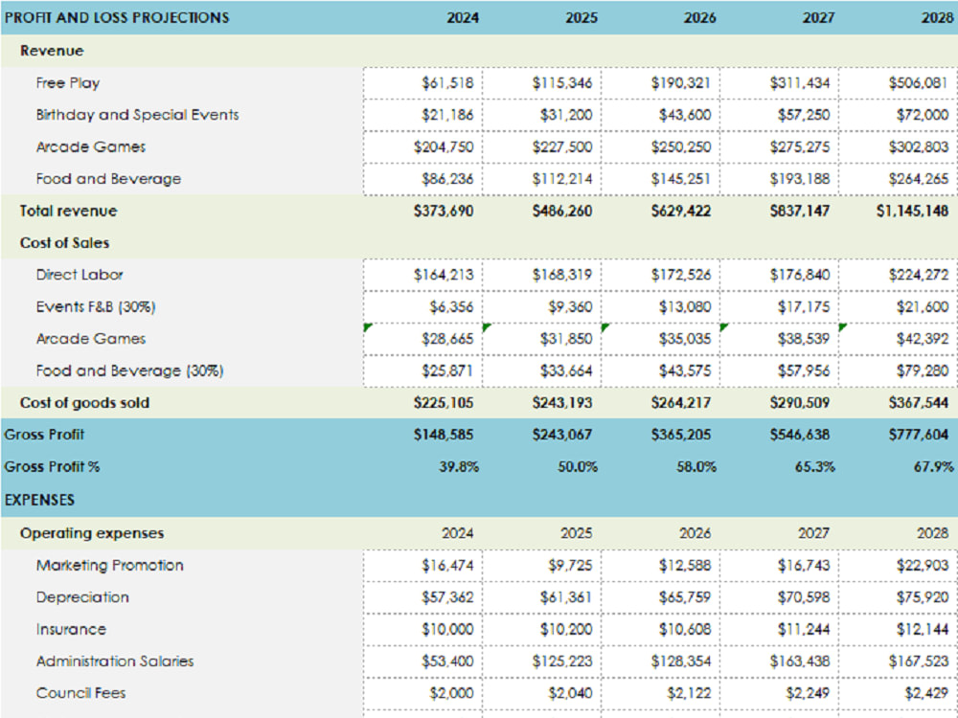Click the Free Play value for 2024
tap(446, 83)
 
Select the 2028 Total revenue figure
tap(912, 211)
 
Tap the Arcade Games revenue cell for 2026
tap(684, 147)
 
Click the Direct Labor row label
tap(80, 275)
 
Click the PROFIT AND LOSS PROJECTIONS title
tap(117, 17)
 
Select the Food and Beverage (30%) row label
tap(129, 370)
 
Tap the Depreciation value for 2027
tap(803, 597)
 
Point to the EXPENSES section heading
tap(39, 500)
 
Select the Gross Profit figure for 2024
tap(444, 435)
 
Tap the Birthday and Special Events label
tap(137, 115)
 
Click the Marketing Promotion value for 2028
tap(923, 566)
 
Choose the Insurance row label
tap(71, 630)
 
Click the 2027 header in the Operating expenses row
tap(817, 533)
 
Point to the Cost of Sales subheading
tap(64, 243)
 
